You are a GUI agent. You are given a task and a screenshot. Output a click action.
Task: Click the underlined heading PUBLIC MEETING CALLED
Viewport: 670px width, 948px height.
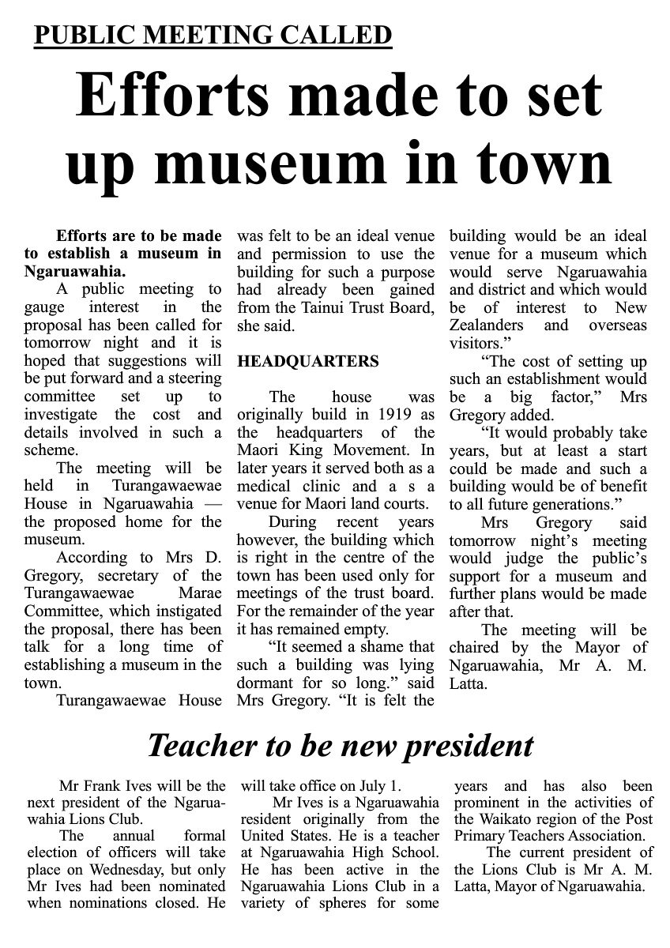coord(213,35)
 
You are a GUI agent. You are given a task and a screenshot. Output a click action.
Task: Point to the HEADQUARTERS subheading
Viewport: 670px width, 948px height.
coord(308,361)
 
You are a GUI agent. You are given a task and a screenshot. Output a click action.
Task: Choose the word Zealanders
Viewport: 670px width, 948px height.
coord(487,325)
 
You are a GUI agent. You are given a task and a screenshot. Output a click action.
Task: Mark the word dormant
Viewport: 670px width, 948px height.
coord(265,683)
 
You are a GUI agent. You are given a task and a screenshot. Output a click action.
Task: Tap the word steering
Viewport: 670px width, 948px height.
coord(194,379)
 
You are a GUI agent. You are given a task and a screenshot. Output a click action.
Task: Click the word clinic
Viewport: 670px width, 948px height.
coord(323,487)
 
